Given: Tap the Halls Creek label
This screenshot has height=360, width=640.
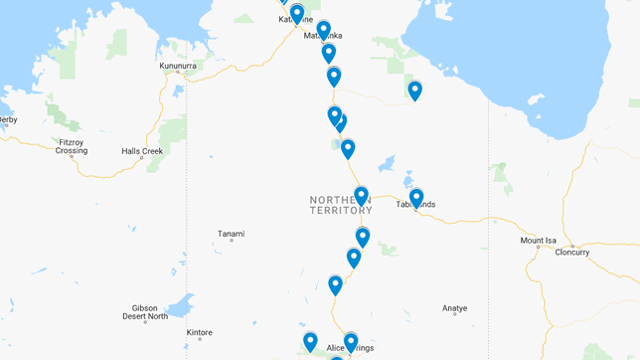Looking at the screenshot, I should [x=142, y=151].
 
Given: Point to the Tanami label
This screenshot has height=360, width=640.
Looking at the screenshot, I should [x=231, y=235].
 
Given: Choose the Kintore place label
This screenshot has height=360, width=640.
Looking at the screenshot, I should [x=199, y=332].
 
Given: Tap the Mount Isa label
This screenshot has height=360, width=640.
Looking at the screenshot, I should [x=538, y=241].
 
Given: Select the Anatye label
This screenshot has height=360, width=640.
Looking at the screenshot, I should [x=454, y=309].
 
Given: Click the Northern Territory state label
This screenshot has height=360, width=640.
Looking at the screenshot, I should [x=340, y=205].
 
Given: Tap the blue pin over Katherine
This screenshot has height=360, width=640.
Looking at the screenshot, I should [x=296, y=14].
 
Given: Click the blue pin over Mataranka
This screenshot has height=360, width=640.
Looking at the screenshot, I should [x=323, y=31].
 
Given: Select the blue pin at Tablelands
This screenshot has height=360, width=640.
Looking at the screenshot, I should [x=416, y=198].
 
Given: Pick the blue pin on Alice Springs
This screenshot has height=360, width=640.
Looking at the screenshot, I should [x=350, y=342].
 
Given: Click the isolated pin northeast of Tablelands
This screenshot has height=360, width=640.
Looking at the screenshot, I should [x=415, y=90].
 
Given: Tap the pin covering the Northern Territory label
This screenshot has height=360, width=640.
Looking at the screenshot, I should [x=361, y=195].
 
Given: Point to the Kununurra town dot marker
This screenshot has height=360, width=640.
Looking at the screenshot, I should [x=178, y=72].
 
